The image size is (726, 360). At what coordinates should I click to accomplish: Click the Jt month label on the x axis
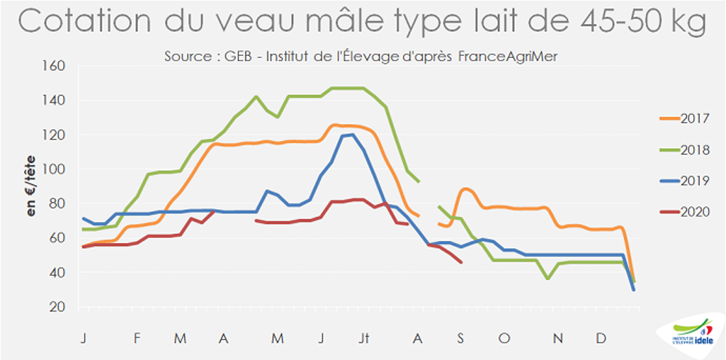[x=364, y=339]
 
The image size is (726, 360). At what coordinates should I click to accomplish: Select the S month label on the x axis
[x=462, y=339]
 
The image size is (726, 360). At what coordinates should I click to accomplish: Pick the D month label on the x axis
[x=602, y=339]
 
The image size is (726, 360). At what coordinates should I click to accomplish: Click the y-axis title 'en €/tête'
[x=30, y=187]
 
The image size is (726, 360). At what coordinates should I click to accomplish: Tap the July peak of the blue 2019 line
[x=352, y=134]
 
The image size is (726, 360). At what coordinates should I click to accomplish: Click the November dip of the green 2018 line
[x=548, y=278]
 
